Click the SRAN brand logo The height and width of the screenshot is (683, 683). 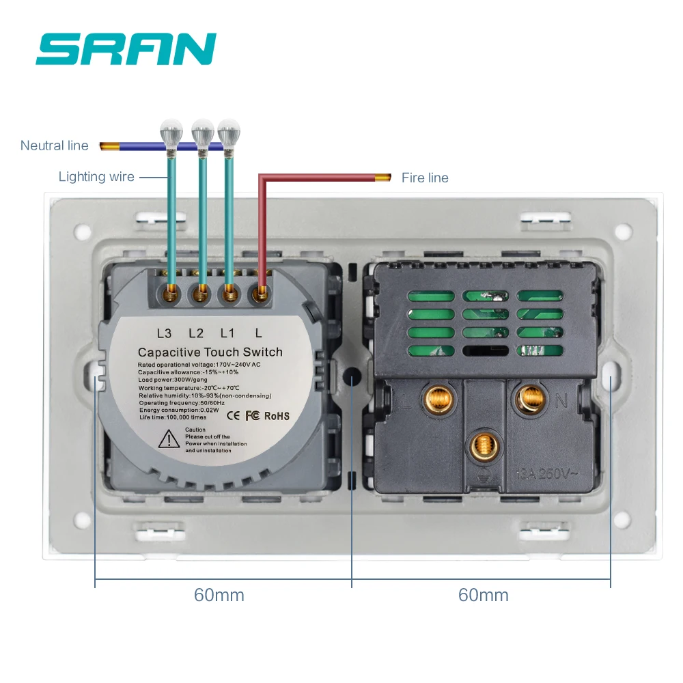click(x=126, y=49)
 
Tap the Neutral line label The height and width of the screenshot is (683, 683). click(x=55, y=145)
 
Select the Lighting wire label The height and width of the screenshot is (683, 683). click(x=96, y=177)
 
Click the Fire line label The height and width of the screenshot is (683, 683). click(x=425, y=178)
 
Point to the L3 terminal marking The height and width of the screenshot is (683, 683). click(x=164, y=333)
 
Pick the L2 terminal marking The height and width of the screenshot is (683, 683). click(x=196, y=333)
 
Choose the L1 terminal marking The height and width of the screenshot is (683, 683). click(x=227, y=333)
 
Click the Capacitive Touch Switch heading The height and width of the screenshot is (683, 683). click(x=210, y=352)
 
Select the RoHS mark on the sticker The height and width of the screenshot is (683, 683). click(x=277, y=416)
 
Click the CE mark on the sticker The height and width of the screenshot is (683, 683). click(x=232, y=415)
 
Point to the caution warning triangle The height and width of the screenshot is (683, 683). click(x=169, y=439)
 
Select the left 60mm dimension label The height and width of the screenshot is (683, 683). click(x=219, y=595)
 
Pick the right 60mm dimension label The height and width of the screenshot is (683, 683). click(x=483, y=595)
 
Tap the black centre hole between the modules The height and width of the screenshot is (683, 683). click(x=352, y=377)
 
